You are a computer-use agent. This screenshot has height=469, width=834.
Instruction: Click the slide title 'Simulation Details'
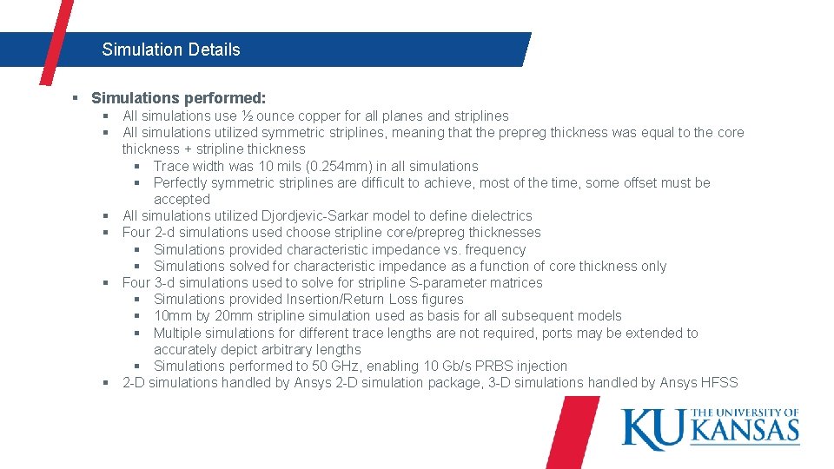pos(170,50)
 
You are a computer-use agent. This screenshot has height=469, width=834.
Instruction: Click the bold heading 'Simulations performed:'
pos(178,98)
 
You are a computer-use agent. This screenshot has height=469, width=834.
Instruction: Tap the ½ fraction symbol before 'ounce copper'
pos(248,116)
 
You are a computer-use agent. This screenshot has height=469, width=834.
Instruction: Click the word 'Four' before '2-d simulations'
pos(136,232)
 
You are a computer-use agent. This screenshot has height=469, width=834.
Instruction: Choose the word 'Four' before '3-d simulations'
pos(136,282)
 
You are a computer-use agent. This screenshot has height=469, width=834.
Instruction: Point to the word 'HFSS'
pos(718,382)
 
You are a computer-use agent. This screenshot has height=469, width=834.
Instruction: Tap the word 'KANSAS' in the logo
pos(745,430)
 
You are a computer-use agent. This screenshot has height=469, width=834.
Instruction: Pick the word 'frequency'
pos(496,249)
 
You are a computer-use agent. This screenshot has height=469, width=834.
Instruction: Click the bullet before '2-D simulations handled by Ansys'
pos(104,382)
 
